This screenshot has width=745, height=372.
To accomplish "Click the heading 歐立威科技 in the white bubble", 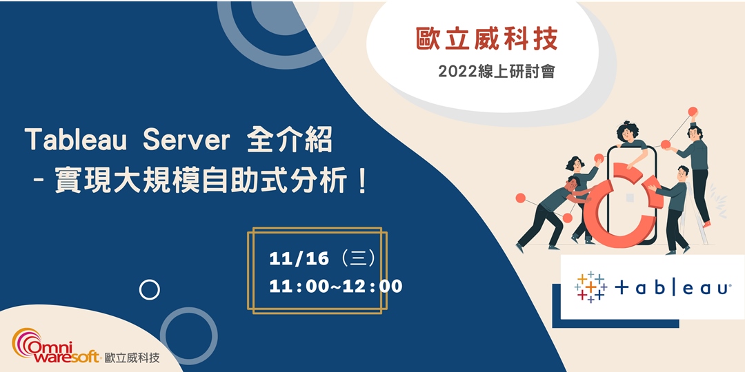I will pos(486,39).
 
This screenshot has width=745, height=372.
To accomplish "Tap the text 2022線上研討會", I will pos(496,71).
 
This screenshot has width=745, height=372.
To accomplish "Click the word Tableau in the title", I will pos(76,141).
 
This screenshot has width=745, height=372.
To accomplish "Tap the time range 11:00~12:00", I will pos(336,285).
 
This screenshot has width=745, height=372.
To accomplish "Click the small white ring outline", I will pos(150,290).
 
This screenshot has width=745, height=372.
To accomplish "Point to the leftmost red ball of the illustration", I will pos(520,198).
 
